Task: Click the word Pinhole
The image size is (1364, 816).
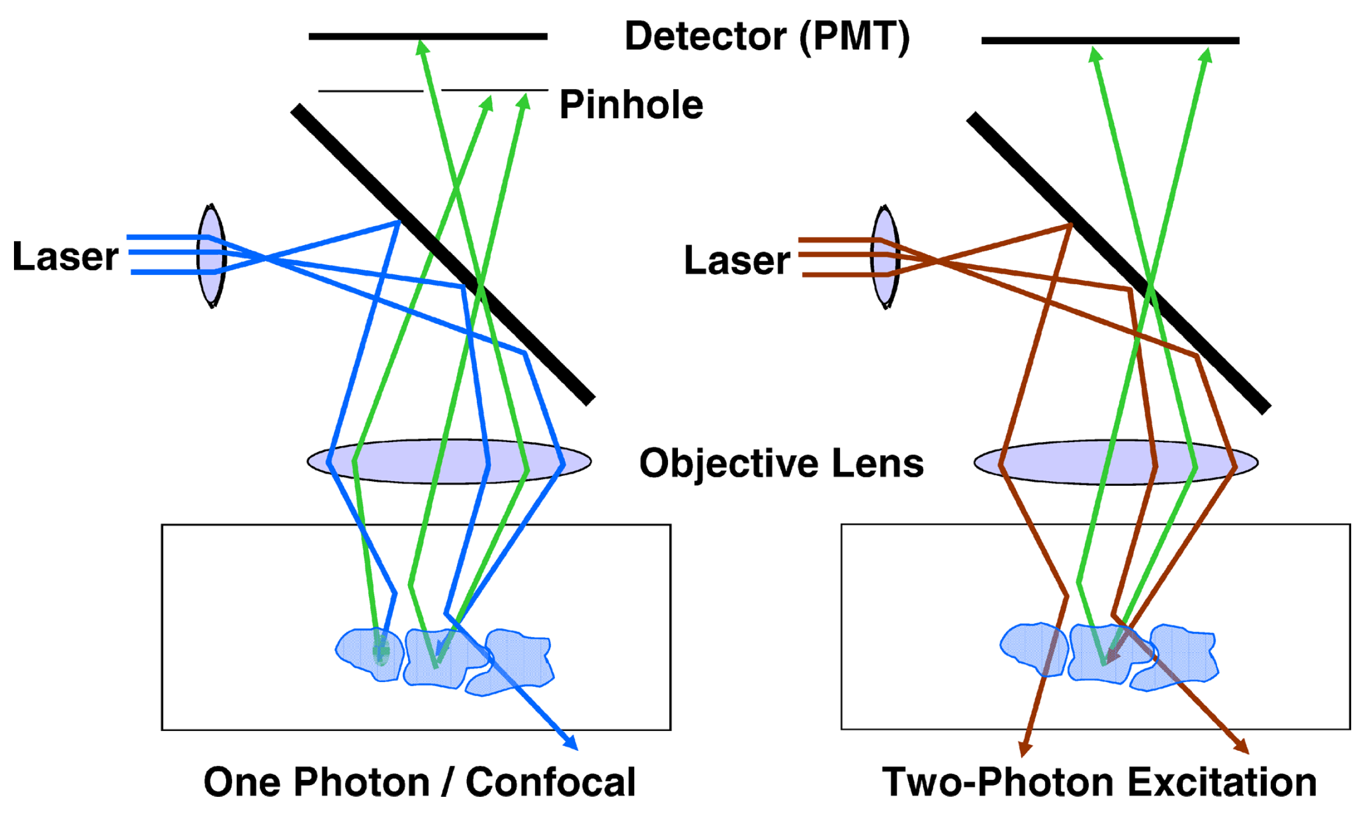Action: tap(631, 105)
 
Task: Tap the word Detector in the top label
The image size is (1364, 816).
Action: tap(705, 36)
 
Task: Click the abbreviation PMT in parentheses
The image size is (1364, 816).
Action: tap(855, 36)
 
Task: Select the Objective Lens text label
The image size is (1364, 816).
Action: tap(781, 463)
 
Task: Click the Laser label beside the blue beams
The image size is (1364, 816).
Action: tap(65, 256)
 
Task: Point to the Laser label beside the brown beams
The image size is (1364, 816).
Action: tap(737, 260)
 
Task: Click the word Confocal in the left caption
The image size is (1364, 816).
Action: tap(550, 782)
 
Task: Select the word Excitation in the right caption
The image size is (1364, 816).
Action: tap(1222, 782)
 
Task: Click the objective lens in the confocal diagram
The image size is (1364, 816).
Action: tap(449, 461)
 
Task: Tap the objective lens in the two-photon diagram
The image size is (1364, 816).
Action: tap(1116, 462)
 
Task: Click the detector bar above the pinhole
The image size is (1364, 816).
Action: tap(428, 36)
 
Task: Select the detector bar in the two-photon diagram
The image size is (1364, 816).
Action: tap(1110, 40)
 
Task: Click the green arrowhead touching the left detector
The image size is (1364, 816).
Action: tap(421, 47)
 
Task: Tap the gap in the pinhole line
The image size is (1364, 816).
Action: tap(432, 90)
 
